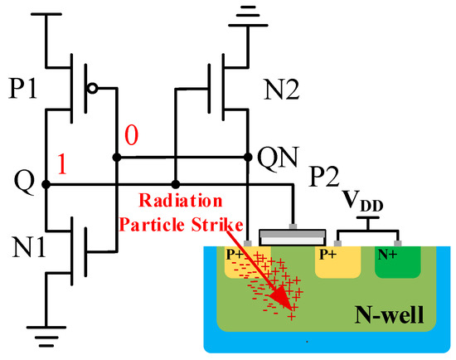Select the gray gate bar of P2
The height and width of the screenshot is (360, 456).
pyautogui.click(x=289, y=236)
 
